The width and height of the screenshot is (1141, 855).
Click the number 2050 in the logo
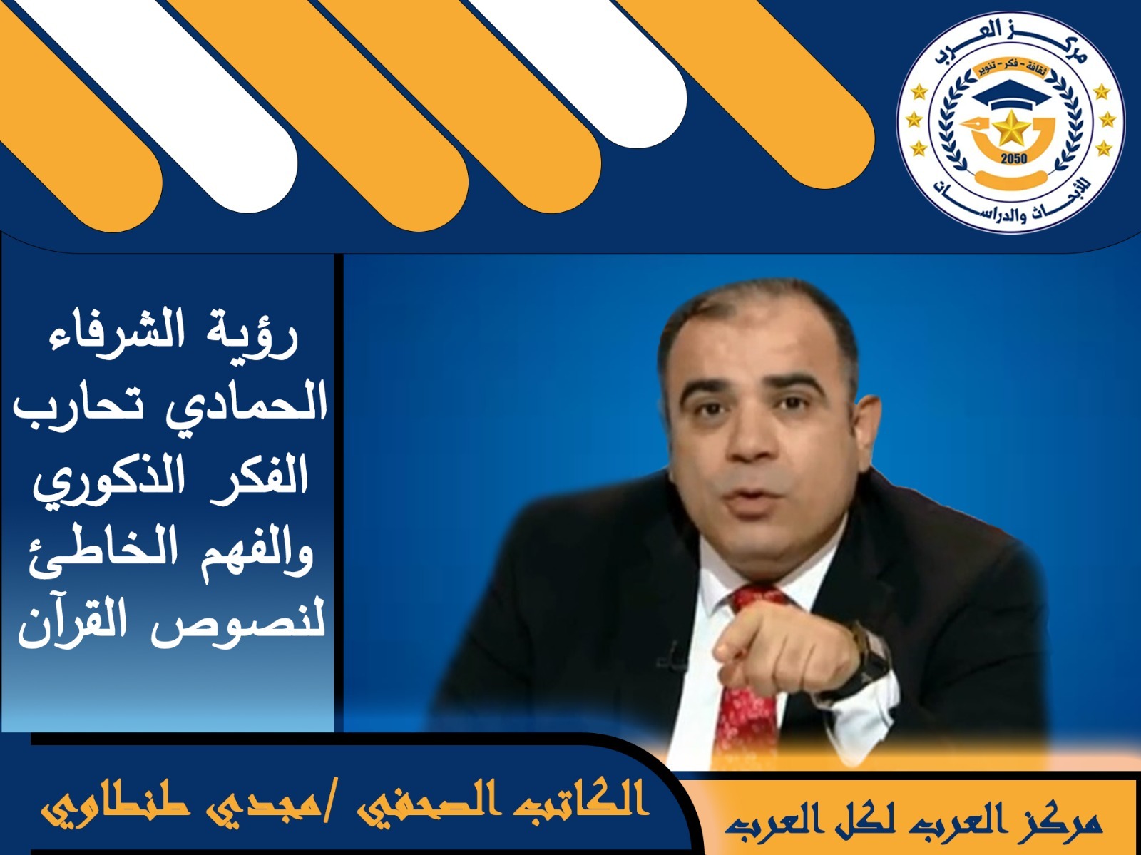click(x=1013, y=158)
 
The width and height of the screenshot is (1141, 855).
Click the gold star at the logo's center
click(x=1010, y=129)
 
